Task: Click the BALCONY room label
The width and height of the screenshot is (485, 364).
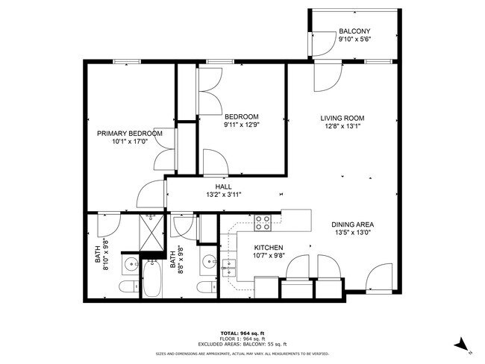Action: click(355, 31)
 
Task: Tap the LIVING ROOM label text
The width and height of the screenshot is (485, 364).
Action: click(342, 118)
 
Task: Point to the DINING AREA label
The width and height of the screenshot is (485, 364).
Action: click(353, 225)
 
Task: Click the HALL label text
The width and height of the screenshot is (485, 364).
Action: click(224, 187)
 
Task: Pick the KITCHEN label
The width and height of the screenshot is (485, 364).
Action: click(269, 248)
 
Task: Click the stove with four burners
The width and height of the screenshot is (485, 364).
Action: click(263, 222)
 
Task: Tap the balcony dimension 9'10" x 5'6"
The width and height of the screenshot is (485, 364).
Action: click(355, 40)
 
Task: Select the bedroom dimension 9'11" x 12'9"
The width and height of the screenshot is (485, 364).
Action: click(241, 125)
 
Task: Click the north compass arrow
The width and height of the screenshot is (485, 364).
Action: click(462, 345)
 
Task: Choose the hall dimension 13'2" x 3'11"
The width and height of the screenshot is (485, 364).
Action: click(224, 195)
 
